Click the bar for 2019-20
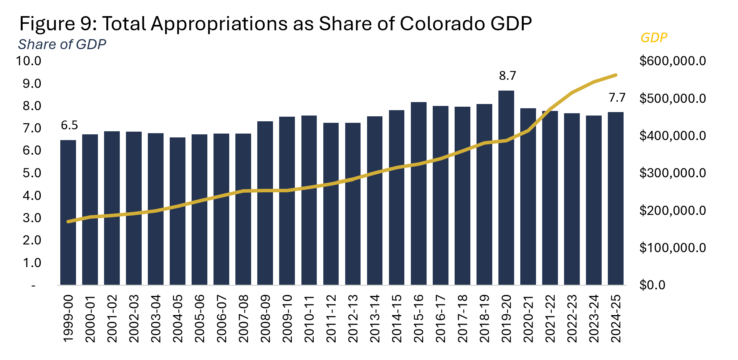click(506, 188)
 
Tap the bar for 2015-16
click(419, 193)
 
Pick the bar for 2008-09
click(265, 203)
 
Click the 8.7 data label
click(507, 76)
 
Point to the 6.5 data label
click(69, 125)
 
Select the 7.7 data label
click(617, 98)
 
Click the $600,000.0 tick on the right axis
click(672, 61)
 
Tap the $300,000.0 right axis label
click(672, 173)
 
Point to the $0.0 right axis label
click(652, 285)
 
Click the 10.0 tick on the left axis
click(28, 61)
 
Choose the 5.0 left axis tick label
click(32, 173)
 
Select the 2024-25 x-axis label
click(616, 319)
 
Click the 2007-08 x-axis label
click(243, 319)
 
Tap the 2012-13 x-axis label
click(353, 319)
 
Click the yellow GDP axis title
click(654, 38)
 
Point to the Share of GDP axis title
click(62, 45)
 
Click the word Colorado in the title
click(442, 24)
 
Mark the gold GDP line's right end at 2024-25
click(616, 75)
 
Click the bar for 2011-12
click(331, 204)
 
